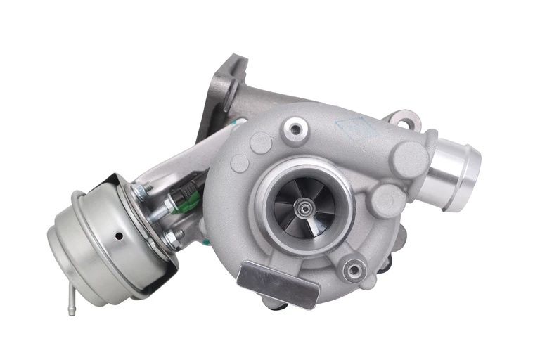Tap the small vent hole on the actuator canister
pyautogui.click(x=118, y=236)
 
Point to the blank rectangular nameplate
pyautogui.click(x=278, y=283)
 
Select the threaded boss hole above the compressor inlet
pyautogui.click(x=294, y=129)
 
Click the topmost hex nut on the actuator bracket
pyautogui.click(x=145, y=188)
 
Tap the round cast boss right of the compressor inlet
pyautogui.click(x=386, y=201)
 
